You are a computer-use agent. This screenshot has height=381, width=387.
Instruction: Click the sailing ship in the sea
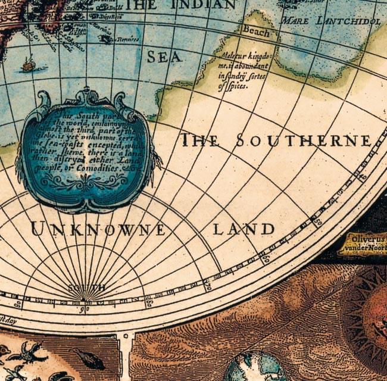[x=27, y=64]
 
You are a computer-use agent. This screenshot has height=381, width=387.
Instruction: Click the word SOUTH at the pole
[x=86, y=288]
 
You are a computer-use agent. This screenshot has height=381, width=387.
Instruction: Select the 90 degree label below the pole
[x=85, y=310]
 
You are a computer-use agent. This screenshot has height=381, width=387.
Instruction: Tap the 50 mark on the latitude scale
[x=317, y=220]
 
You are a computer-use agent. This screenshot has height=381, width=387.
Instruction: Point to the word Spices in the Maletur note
[x=233, y=86]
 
